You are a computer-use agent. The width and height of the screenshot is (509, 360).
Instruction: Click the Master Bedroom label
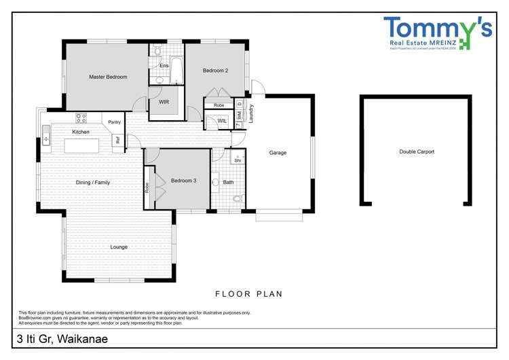tap(108, 77)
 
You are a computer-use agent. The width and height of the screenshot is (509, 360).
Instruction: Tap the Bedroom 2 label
tap(215, 71)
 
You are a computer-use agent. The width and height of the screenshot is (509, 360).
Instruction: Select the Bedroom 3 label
tap(183, 180)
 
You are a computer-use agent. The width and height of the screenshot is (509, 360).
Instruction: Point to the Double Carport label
tap(416, 152)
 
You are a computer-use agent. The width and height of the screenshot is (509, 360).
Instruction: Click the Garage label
tap(278, 153)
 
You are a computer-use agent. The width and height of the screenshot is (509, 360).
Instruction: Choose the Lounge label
tap(119, 247)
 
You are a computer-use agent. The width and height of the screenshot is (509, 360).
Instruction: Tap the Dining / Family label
tap(92, 183)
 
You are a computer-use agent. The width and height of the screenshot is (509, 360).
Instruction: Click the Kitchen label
tap(81, 132)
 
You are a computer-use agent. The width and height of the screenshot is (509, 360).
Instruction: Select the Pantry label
tap(114, 122)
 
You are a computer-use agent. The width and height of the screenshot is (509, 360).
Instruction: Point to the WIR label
tap(164, 103)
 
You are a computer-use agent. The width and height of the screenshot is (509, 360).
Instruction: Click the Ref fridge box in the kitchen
tap(117, 141)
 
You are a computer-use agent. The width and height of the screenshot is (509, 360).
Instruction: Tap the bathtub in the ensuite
tap(176, 70)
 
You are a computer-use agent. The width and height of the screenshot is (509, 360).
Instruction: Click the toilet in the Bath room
tap(237, 199)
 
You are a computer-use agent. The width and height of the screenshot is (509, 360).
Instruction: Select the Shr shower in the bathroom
tap(238, 160)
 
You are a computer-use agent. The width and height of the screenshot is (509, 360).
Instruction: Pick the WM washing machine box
tap(240, 116)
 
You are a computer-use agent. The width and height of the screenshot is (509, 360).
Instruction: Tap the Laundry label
tap(251, 113)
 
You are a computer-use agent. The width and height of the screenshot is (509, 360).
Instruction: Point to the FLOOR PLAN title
tap(248, 294)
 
